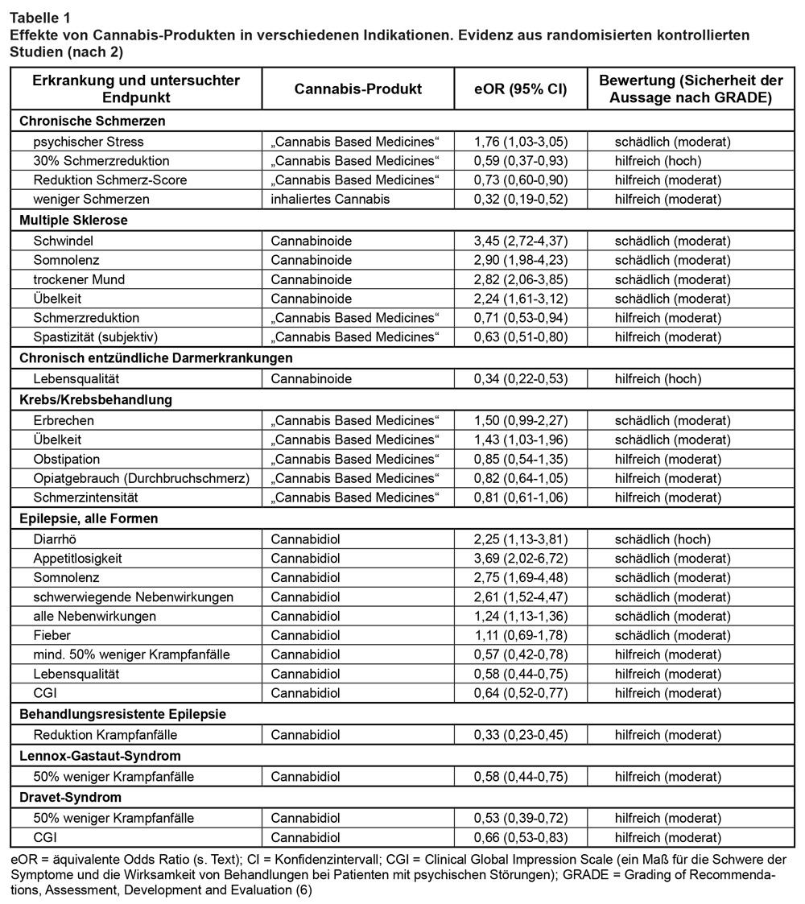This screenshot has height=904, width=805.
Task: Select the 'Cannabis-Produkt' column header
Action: click(x=358, y=89)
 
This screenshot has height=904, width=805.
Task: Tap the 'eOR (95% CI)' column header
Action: click(x=521, y=89)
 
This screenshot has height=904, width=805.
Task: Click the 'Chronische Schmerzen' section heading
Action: click(x=92, y=122)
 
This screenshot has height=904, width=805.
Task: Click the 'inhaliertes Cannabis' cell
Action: click(x=330, y=200)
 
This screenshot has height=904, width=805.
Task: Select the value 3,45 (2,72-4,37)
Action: click(x=521, y=240)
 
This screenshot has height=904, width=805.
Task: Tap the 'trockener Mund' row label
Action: click(x=79, y=279)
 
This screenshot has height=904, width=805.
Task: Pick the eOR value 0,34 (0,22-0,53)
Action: click(x=521, y=378)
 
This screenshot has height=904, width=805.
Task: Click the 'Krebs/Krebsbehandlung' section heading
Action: click(x=93, y=399)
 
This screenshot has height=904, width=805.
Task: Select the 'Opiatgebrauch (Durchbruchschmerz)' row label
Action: click(x=142, y=479)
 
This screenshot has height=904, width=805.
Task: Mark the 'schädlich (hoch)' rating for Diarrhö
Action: click(x=662, y=539)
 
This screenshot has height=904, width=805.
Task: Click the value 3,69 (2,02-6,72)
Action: click(x=521, y=558)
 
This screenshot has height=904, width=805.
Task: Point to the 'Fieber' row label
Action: click(x=52, y=635)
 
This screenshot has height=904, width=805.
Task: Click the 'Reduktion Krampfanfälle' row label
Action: click(x=105, y=735)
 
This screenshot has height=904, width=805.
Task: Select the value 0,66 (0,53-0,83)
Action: click(x=521, y=837)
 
